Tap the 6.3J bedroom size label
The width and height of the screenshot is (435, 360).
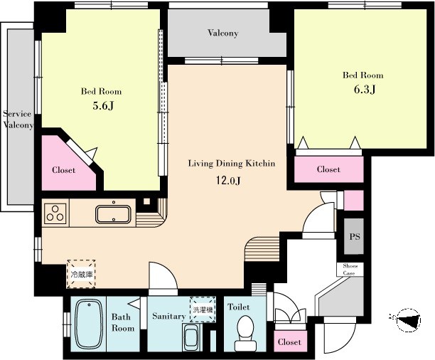point(365,90)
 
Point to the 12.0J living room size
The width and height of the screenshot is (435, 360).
point(228,181)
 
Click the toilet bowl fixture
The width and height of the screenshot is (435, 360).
point(245,334)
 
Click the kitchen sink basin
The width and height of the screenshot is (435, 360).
point(113,214)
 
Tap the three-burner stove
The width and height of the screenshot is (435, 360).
point(55,213)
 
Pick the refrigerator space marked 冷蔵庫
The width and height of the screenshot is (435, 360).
point(82,274)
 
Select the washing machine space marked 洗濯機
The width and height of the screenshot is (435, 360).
point(203,309)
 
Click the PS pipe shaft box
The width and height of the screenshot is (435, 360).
point(354,236)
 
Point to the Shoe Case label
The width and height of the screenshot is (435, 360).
point(350,270)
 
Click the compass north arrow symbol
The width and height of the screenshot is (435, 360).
point(409,320)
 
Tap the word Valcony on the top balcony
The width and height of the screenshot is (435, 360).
point(222,33)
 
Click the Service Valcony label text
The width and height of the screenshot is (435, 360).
point(18,120)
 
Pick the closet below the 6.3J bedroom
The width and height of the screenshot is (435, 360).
point(329,169)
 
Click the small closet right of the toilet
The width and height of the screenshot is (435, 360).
point(289,342)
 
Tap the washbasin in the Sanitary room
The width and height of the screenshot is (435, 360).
point(191,337)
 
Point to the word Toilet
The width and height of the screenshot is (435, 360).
point(238,307)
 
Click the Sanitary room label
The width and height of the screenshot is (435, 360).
point(168,316)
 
